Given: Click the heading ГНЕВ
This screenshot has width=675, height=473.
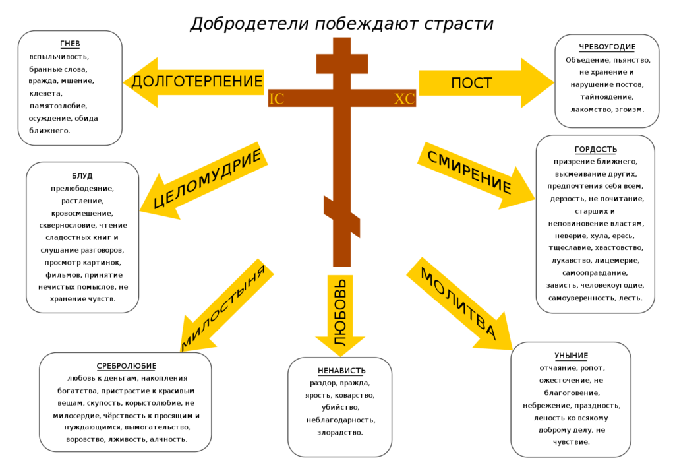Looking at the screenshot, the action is pos(70,44).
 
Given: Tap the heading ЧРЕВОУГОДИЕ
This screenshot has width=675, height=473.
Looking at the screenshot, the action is pos(607,47).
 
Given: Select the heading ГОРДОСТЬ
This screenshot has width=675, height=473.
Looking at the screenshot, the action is pos(596,150).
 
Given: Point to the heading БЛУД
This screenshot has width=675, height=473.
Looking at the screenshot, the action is pos(82,175).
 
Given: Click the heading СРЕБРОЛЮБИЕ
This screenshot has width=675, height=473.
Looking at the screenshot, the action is pos(126,366).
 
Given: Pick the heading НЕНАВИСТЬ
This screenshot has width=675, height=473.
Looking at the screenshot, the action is pos(341,371).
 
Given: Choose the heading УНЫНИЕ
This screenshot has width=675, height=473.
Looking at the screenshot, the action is pos(571,356).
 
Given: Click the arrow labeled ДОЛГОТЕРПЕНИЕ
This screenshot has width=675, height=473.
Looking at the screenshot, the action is pos(194,82).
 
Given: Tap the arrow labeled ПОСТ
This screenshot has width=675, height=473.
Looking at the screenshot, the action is pos(486,82).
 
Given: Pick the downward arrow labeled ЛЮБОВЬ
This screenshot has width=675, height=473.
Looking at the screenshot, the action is pos(340,315).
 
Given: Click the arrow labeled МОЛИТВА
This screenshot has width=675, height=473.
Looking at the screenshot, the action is pos(459,303).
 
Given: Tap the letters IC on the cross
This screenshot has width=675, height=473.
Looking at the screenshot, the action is pos(276,99).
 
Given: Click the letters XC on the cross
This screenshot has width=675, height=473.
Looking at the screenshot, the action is pos(405,99).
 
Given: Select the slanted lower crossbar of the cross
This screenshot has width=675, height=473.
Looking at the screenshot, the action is pos(342,216).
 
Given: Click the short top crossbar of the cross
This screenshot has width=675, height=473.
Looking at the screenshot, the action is pos(342,64).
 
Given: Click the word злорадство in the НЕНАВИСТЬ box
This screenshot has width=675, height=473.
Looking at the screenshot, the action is pos(340,433).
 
